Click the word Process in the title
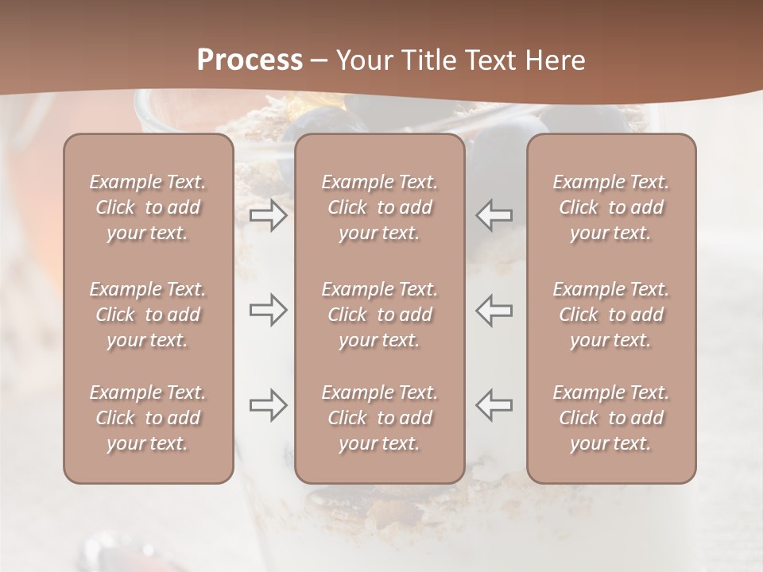(x=250, y=60)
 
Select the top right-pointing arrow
(x=268, y=215)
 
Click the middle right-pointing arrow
(x=268, y=310)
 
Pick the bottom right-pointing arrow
(x=268, y=405)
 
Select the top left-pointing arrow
(x=494, y=215)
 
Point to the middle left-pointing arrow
(x=494, y=310)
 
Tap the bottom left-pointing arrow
(x=494, y=405)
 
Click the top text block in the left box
(x=148, y=207)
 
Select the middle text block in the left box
(x=148, y=315)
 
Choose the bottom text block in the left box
(x=148, y=418)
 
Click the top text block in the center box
(x=380, y=207)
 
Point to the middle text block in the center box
(x=380, y=315)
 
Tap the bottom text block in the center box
(x=380, y=418)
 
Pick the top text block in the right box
(x=611, y=207)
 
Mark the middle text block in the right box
(x=611, y=315)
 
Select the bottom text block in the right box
(x=611, y=418)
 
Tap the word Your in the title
(x=362, y=60)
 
